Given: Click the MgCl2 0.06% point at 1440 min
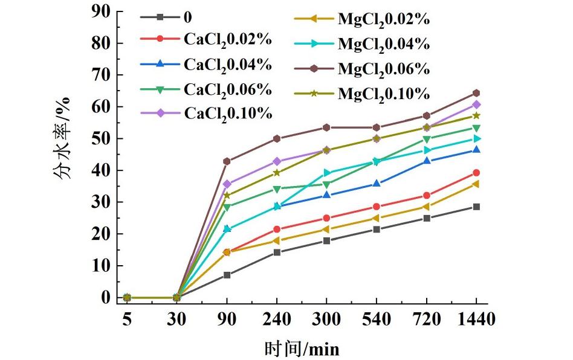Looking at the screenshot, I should (x=476, y=93).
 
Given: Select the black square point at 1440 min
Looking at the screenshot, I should (x=476, y=207).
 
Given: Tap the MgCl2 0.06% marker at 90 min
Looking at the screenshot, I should (x=227, y=161).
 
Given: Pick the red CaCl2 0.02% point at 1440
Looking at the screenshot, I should (x=476, y=173).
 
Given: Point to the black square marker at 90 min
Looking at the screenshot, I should (x=227, y=275).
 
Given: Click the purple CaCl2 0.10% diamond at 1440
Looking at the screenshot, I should (x=476, y=104).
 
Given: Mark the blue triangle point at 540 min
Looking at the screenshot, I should (x=377, y=184).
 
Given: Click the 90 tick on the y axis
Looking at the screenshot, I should (x=101, y=11).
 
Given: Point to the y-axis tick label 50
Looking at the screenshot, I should (x=101, y=138).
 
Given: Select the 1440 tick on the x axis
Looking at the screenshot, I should (x=476, y=318).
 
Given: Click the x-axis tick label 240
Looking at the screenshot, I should (x=277, y=318).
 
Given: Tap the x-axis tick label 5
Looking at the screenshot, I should (x=127, y=318).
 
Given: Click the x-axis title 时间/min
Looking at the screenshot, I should (x=302, y=349).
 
